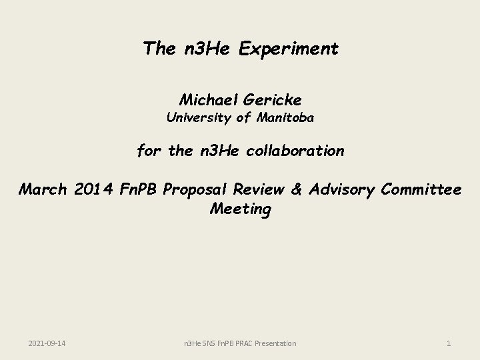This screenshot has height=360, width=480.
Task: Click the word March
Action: (x=43, y=189)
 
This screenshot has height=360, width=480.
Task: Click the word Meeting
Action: (x=240, y=209)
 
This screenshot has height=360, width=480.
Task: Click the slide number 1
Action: (x=449, y=343)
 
